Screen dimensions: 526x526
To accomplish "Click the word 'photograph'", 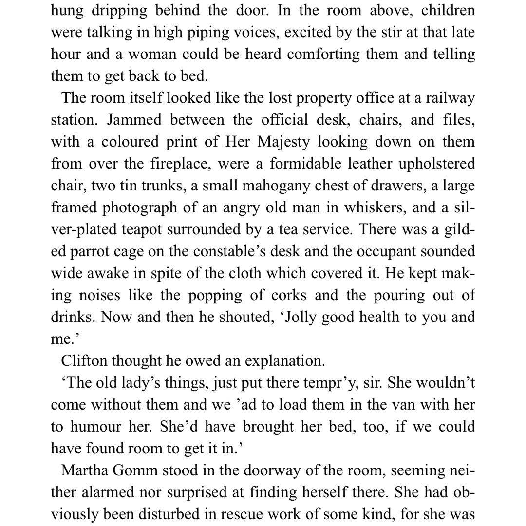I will pos(139,208).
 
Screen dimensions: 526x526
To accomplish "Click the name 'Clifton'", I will pos(83,361).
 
